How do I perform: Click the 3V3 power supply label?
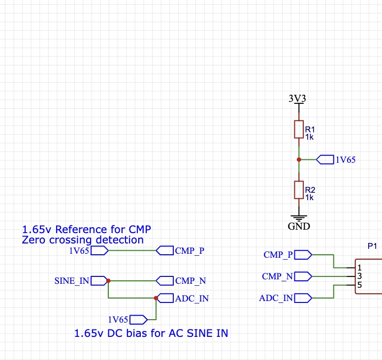click(x=297, y=98)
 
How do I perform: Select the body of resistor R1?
click(x=298, y=129)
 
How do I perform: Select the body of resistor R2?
click(x=298, y=190)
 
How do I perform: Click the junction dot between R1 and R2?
click(x=298, y=159)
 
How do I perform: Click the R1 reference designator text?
click(x=310, y=129)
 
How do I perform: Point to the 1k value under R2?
click(x=309, y=197)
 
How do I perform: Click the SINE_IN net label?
click(x=72, y=281)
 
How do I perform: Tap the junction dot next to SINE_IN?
click(x=108, y=281)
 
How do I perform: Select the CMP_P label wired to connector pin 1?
click(x=278, y=255)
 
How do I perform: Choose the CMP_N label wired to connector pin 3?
click(x=278, y=276)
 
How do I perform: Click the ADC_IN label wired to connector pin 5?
click(x=276, y=298)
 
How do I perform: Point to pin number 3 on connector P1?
click(x=360, y=276)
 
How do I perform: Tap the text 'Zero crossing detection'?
click(x=83, y=240)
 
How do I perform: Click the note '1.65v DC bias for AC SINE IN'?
click(x=151, y=333)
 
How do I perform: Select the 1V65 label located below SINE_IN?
click(x=118, y=319)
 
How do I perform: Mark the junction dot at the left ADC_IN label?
click(x=156, y=298)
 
